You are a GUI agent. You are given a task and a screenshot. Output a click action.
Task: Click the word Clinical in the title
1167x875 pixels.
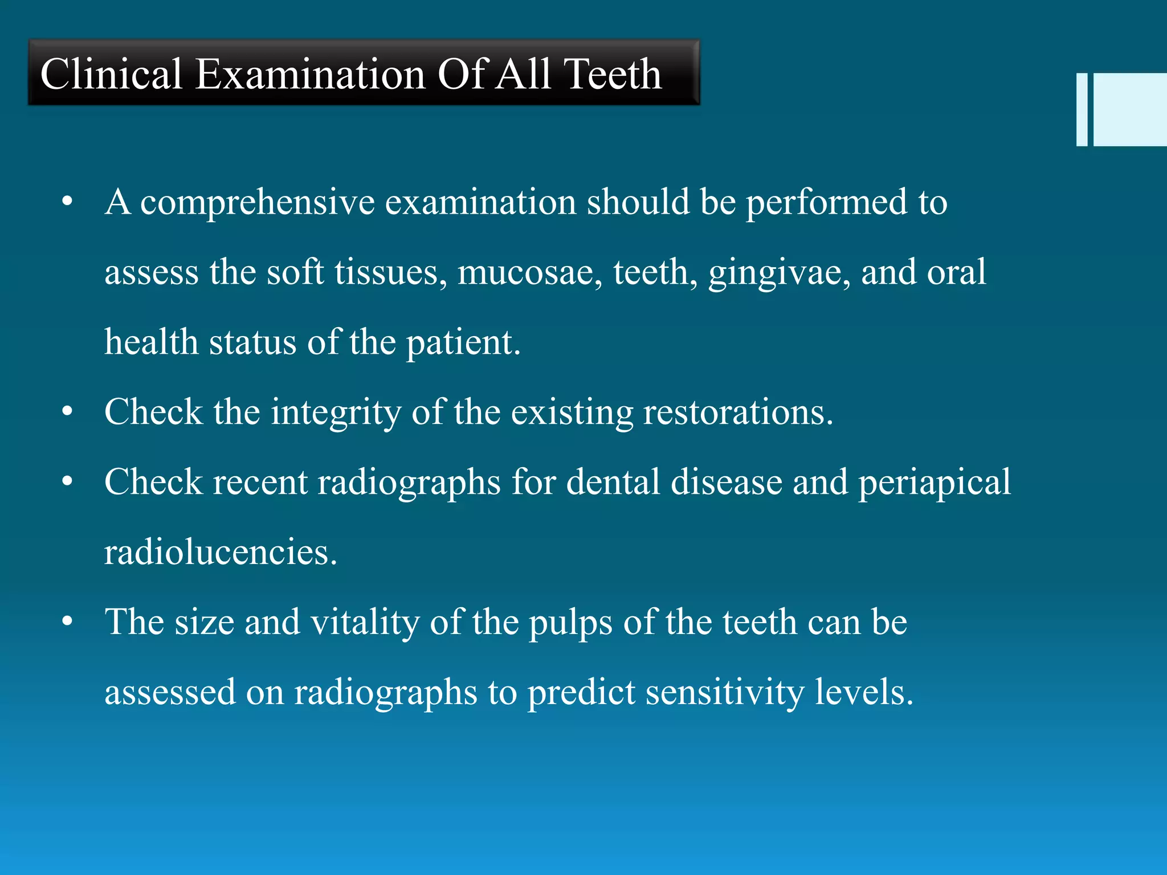point(111,74)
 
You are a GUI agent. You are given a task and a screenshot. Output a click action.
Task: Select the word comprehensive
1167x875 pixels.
point(258,203)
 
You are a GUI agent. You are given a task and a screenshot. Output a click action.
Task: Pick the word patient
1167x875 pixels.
point(463,344)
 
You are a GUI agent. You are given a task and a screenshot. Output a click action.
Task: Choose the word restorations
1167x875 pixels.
point(738,412)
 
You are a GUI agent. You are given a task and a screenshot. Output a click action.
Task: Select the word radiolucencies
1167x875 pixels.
point(221,552)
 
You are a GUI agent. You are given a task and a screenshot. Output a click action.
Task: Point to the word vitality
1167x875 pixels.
point(365,622)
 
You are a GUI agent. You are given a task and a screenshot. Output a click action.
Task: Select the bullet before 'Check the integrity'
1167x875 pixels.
point(68,412)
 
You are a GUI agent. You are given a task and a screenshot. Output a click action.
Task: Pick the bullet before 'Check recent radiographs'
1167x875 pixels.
point(68,482)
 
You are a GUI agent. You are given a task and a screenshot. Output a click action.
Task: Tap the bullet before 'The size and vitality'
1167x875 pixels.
point(68,622)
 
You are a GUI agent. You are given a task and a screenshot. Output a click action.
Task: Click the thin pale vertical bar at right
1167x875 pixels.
point(1082,109)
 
